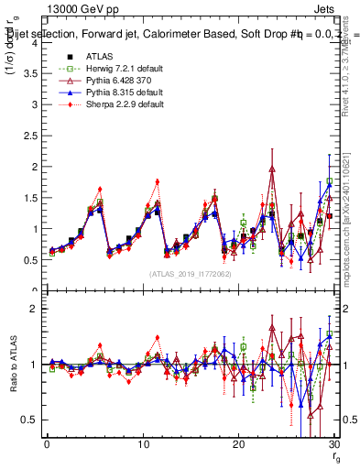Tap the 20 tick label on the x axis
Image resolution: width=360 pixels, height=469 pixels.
pos(238,444)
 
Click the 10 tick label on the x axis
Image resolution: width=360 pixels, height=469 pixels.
pos(143,444)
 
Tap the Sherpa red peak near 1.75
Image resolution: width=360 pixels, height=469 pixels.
pos(158,181)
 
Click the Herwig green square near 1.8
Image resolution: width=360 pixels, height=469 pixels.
pos(330,181)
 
